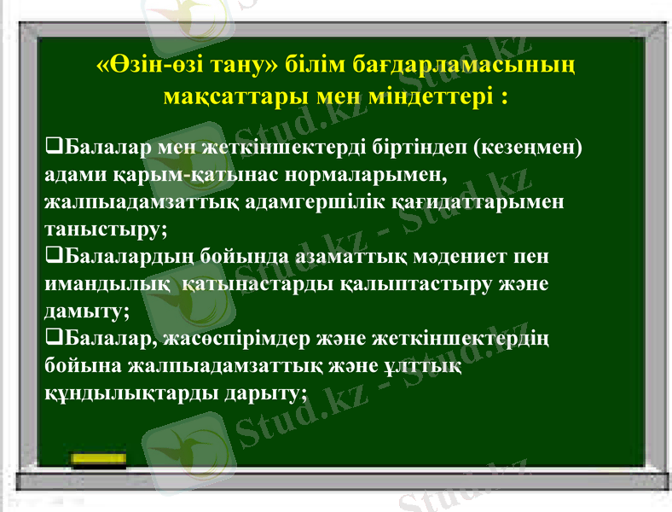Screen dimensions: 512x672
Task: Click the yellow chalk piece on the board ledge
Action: point(99,462)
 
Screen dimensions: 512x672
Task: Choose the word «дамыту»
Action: point(84,311)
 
